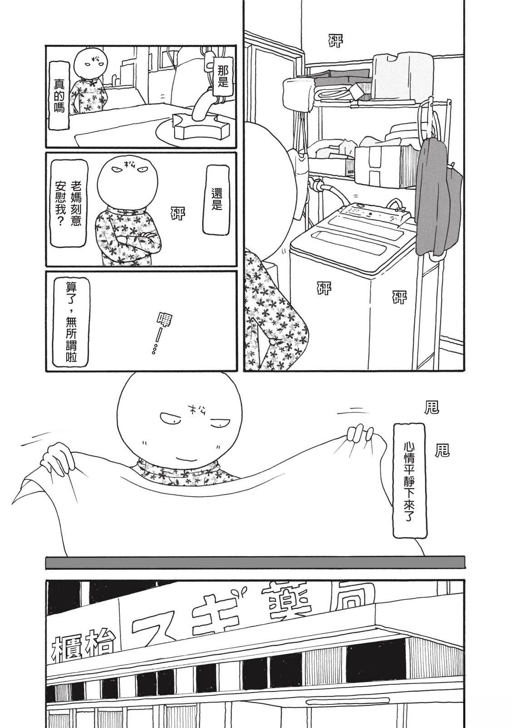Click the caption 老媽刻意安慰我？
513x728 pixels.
coord(69,202)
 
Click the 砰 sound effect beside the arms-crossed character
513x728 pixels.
coord(178,213)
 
